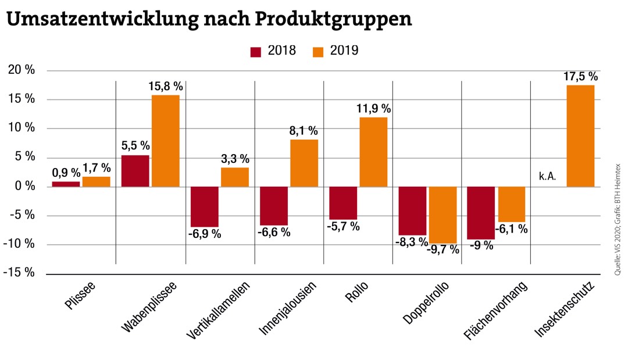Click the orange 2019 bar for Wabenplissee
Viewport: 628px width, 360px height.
[166, 140]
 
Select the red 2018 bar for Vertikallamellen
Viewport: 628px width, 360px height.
[204, 206]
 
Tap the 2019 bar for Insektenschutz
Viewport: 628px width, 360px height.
[580, 136]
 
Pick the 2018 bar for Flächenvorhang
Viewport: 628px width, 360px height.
[481, 213]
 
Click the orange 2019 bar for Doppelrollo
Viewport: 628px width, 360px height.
[443, 215]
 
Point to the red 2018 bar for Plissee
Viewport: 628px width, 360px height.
[66, 184]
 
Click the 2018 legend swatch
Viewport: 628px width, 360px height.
[256, 51]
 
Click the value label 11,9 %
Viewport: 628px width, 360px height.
[374, 109]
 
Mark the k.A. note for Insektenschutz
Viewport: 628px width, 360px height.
[548, 175]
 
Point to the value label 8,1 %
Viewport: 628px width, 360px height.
[304, 131]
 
